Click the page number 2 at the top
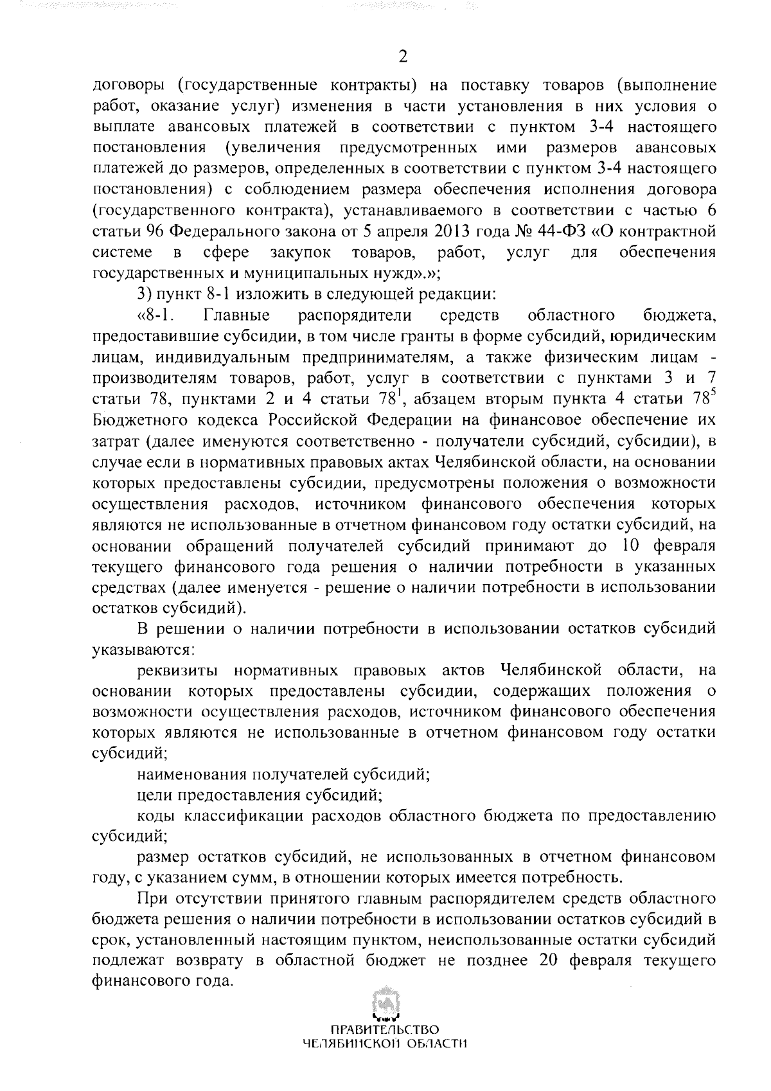(x=403, y=57)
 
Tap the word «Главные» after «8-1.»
(x=236, y=315)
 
